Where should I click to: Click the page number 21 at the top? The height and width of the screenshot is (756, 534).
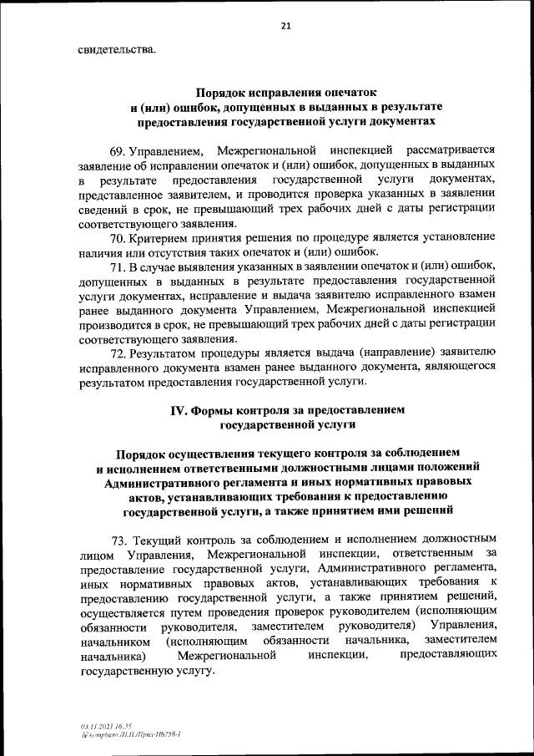point(285,26)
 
